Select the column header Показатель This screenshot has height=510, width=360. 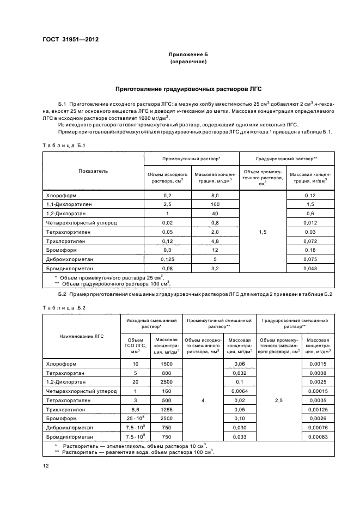click(93, 171)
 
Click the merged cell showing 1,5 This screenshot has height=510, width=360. click(263, 232)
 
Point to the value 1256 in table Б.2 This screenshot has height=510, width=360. click(166, 409)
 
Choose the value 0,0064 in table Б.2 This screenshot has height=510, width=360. click(239, 391)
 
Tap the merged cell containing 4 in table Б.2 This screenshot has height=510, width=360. click(203, 400)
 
